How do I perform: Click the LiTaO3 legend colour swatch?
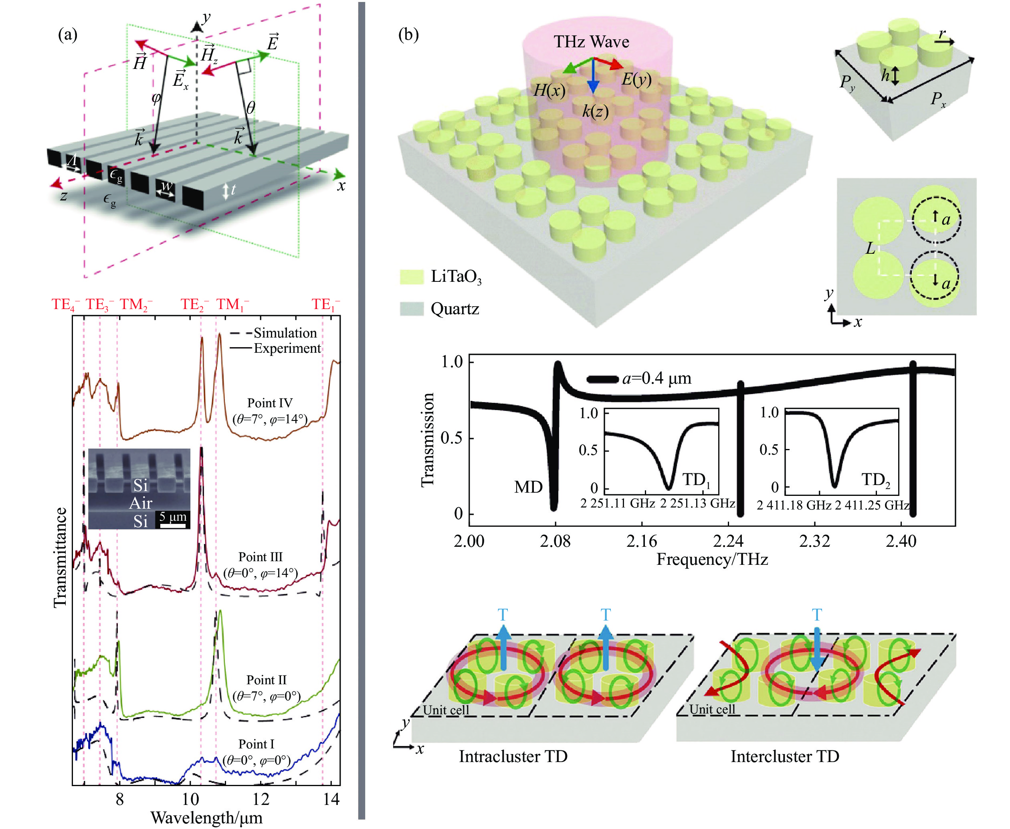pyautogui.click(x=412, y=277)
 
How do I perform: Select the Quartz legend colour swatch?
pyautogui.click(x=412, y=309)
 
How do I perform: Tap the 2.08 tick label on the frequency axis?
pyautogui.click(x=555, y=541)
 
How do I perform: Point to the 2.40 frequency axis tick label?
pyautogui.click(x=901, y=541)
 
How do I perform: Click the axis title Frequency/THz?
pyautogui.click(x=712, y=559)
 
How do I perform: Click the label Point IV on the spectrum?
pyautogui.click(x=270, y=402)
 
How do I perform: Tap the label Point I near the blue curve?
pyautogui.click(x=257, y=744)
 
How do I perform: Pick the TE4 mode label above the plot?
pyautogui.click(x=65, y=305)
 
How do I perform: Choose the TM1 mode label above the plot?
pyautogui.click(x=232, y=305)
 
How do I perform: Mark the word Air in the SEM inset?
pyautogui.click(x=140, y=503)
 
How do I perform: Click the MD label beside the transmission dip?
pyautogui.click(x=528, y=487)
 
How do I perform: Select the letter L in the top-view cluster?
pyautogui.click(x=870, y=248)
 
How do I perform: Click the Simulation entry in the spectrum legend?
pyautogui.click(x=273, y=333)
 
